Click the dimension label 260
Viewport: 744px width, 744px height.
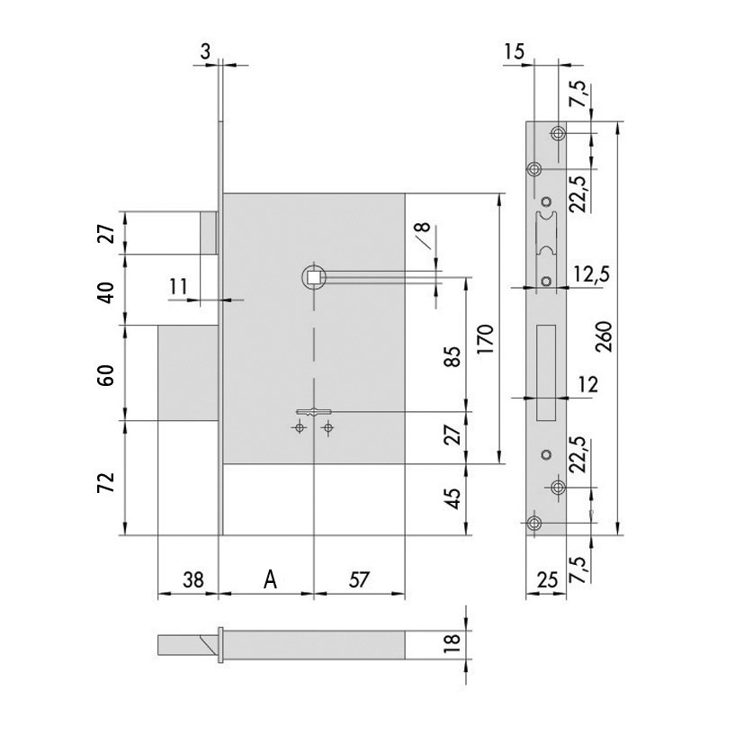pos(604,336)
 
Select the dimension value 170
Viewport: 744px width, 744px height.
pos(486,339)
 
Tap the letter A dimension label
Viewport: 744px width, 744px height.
pos(270,580)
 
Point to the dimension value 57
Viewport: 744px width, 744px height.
pos(359,580)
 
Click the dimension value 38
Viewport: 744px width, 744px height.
pos(193,580)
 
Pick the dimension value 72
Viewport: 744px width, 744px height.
pos(106,482)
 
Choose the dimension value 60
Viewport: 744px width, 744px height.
pos(106,375)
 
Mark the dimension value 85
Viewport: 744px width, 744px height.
pos(453,356)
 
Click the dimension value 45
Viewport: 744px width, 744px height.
pos(453,498)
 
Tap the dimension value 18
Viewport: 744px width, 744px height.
pos(453,643)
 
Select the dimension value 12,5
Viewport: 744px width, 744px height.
pos(591,274)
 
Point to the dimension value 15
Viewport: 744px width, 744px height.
pos(514,50)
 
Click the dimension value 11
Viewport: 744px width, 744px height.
pos(178,287)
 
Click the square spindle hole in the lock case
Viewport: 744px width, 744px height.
pos(314,276)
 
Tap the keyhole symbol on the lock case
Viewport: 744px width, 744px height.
pos(314,412)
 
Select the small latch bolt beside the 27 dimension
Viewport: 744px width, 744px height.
pos(209,232)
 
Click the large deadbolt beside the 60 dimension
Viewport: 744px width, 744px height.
pos(188,372)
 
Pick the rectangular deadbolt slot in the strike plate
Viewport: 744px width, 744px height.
pos(546,372)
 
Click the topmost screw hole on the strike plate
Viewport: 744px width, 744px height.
pos(558,133)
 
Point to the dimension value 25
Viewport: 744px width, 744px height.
pos(547,580)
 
